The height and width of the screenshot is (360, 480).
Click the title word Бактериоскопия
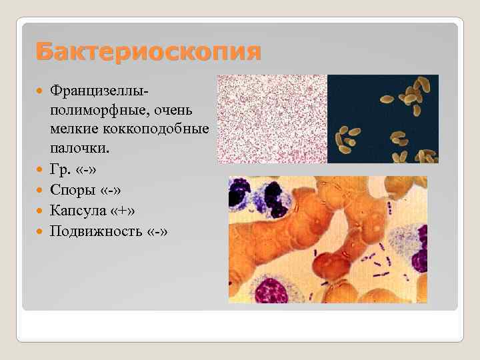pos(148,51)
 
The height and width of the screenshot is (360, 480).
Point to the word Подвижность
pos(95,231)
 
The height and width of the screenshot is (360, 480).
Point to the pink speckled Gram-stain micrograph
pos(272,119)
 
